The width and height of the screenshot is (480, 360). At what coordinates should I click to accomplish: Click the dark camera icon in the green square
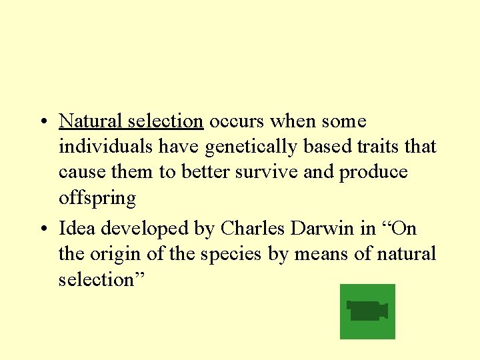coord(367,311)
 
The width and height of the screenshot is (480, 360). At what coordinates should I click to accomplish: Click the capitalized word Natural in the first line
coord(83,121)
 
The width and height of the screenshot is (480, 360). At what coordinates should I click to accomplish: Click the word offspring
coord(97,199)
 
